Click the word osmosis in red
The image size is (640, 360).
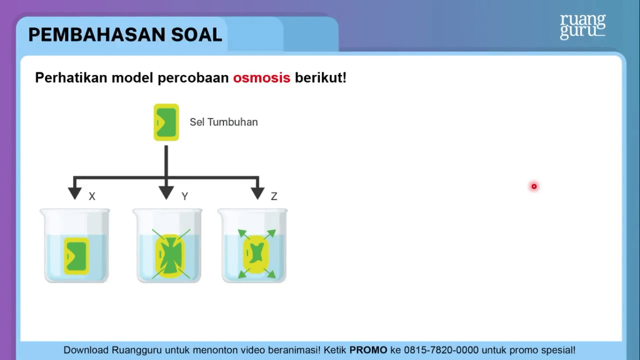(262, 77)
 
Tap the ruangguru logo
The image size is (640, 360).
(582, 26)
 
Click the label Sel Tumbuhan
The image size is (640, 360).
(224, 122)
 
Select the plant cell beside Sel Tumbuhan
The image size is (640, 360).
(166, 122)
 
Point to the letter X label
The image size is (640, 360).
(92, 196)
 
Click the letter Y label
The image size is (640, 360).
(185, 196)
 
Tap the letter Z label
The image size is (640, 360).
(274, 196)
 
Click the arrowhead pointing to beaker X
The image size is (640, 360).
(75, 193)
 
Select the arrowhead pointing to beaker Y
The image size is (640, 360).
(166, 193)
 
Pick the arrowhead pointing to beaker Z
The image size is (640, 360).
(257, 193)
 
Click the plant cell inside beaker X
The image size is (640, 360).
(76, 256)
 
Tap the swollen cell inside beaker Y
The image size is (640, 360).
(170, 256)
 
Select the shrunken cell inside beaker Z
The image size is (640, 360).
(256, 254)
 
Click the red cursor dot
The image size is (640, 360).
(534, 186)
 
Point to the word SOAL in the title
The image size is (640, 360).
(197, 35)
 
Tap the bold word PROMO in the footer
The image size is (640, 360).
(368, 350)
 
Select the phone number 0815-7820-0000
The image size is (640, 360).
(441, 350)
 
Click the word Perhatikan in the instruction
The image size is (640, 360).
(71, 77)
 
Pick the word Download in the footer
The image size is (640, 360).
(86, 350)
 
